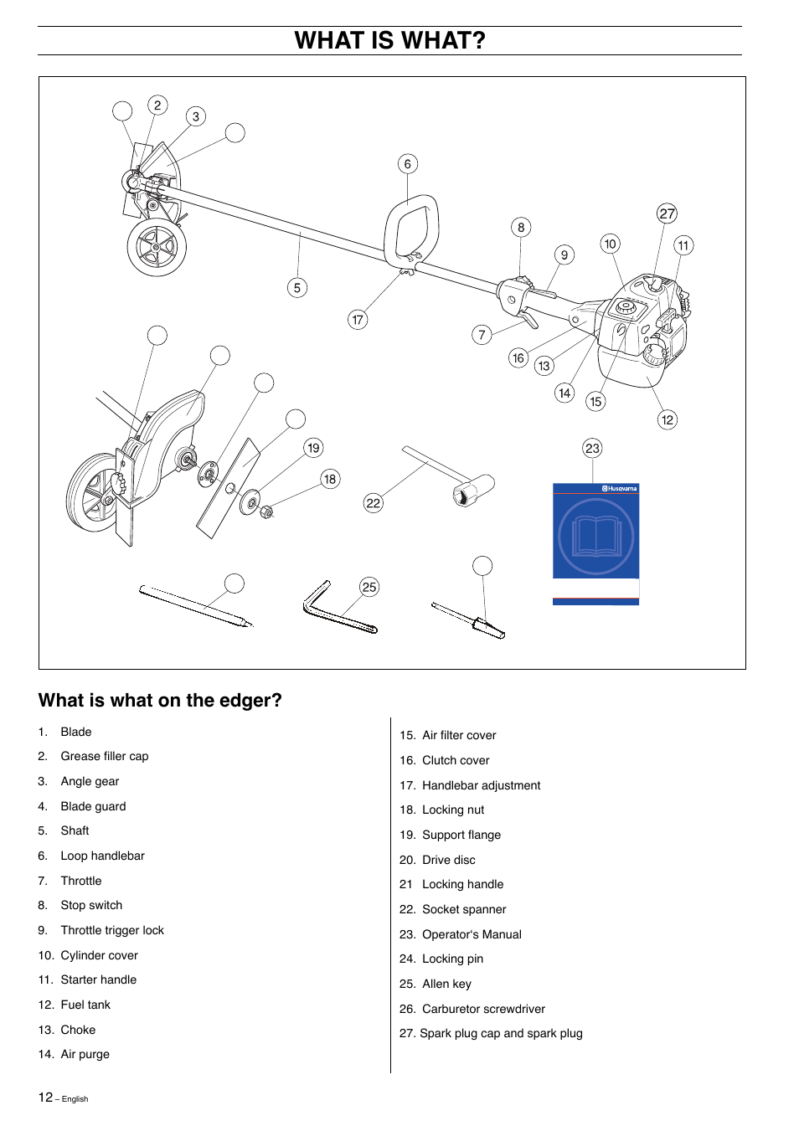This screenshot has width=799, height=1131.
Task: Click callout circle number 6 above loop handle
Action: [x=407, y=164]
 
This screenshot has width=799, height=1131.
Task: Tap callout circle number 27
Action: [x=667, y=213]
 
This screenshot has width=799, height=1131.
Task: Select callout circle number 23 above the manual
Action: [x=592, y=448]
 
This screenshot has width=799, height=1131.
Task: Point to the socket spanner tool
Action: [x=456, y=478]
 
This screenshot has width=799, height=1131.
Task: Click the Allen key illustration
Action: [x=335, y=612]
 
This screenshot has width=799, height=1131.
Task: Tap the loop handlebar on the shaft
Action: [x=411, y=229]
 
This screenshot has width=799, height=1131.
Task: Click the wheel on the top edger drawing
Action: [x=157, y=248]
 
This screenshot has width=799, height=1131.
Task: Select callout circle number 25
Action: [x=369, y=587]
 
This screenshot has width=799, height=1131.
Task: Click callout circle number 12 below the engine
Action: [x=667, y=419]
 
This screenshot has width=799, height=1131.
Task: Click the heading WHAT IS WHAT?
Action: [x=389, y=40]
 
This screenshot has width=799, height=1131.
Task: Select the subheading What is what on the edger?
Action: [x=160, y=700]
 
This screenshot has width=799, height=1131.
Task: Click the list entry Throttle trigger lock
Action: [x=112, y=930]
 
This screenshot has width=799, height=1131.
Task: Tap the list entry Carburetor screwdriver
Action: [x=483, y=1009]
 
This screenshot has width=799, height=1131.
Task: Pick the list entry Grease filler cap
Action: [x=104, y=756]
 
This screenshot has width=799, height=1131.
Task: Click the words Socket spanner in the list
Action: [x=464, y=909]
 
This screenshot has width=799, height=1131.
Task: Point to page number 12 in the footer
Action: [x=45, y=1097]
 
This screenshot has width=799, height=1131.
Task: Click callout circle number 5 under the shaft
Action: [x=296, y=288]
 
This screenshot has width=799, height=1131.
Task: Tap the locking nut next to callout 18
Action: [x=267, y=512]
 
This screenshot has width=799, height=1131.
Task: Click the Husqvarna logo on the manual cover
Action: [x=620, y=488]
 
